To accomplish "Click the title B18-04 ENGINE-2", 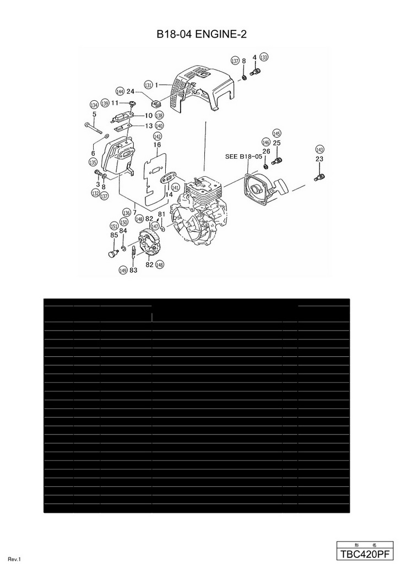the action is [201, 35].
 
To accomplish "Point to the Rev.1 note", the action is [14, 560].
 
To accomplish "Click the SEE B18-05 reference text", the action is [243, 156].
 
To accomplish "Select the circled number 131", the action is [148, 85].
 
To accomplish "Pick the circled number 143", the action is [320, 149].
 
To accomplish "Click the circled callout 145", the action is [276, 134].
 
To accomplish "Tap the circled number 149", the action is [123, 270].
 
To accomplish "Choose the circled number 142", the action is [157, 137].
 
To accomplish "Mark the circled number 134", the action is [94, 105].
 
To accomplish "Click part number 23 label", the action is [319, 159].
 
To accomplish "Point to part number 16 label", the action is [157, 145].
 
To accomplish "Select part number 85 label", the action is [114, 235].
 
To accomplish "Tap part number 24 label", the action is [131, 91].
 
